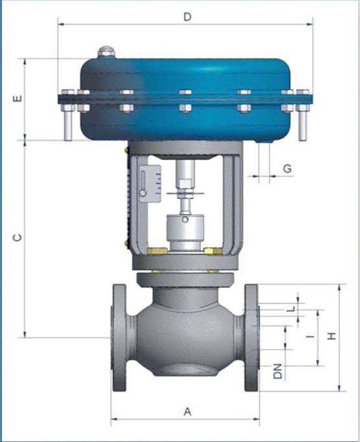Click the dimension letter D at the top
click(x=187, y=17)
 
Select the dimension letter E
click(x=17, y=99)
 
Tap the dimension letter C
click(x=17, y=238)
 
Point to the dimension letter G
click(x=287, y=168)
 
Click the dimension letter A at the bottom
click(x=187, y=412)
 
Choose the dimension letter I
click(x=311, y=336)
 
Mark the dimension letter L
click(x=293, y=309)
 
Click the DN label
click(x=278, y=371)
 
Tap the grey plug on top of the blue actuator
click(x=106, y=52)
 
